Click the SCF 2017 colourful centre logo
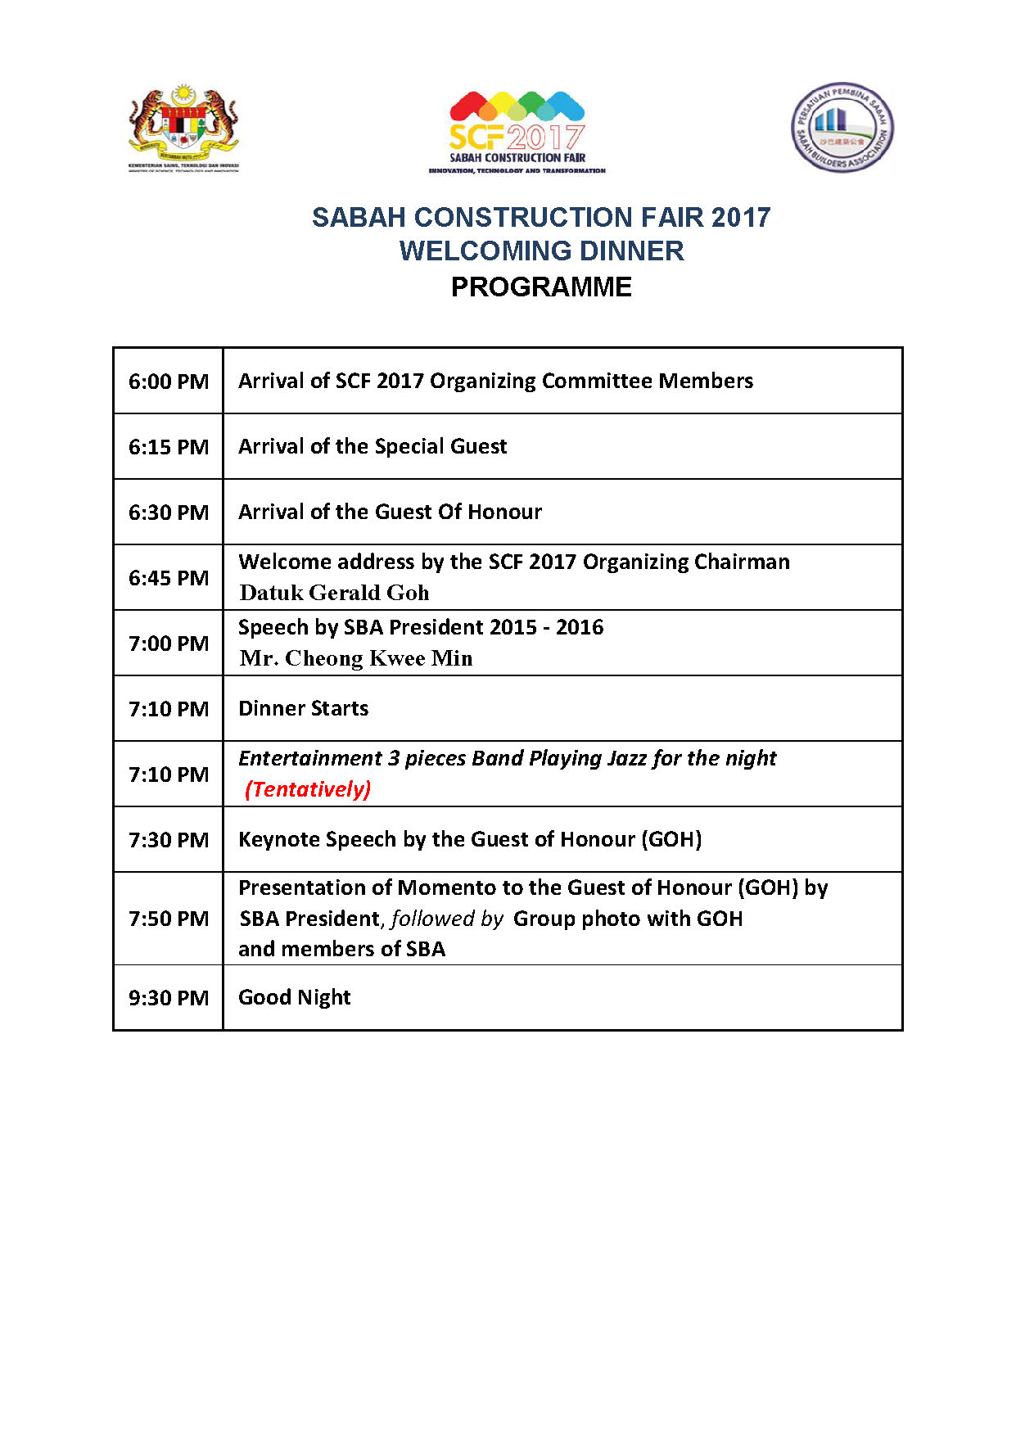[x=517, y=131]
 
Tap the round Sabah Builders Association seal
[x=842, y=127]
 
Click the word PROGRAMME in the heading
[x=541, y=287]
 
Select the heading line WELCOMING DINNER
[x=541, y=251]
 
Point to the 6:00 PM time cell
[x=169, y=382]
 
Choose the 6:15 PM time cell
[x=169, y=447]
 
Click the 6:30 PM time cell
[x=169, y=513]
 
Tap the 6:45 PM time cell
[x=169, y=578]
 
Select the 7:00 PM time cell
[x=169, y=643]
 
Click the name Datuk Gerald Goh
[x=334, y=593]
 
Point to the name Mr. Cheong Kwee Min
[x=356, y=658]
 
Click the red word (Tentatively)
[x=308, y=789]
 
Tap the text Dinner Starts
[x=303, y=708]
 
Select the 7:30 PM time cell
[x=169, y=840]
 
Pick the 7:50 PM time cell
[x=169, y=919]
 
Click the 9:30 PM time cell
[x=169, y=998]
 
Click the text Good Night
[x=294, y=997]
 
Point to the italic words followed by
[x=447, y=919]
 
